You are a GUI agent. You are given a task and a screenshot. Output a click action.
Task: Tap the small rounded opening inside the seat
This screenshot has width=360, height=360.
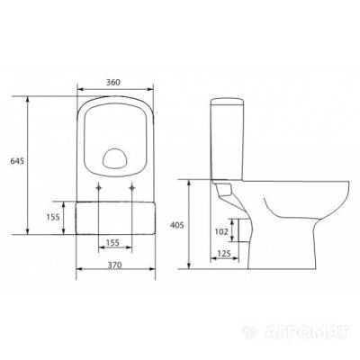pos(115,159)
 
